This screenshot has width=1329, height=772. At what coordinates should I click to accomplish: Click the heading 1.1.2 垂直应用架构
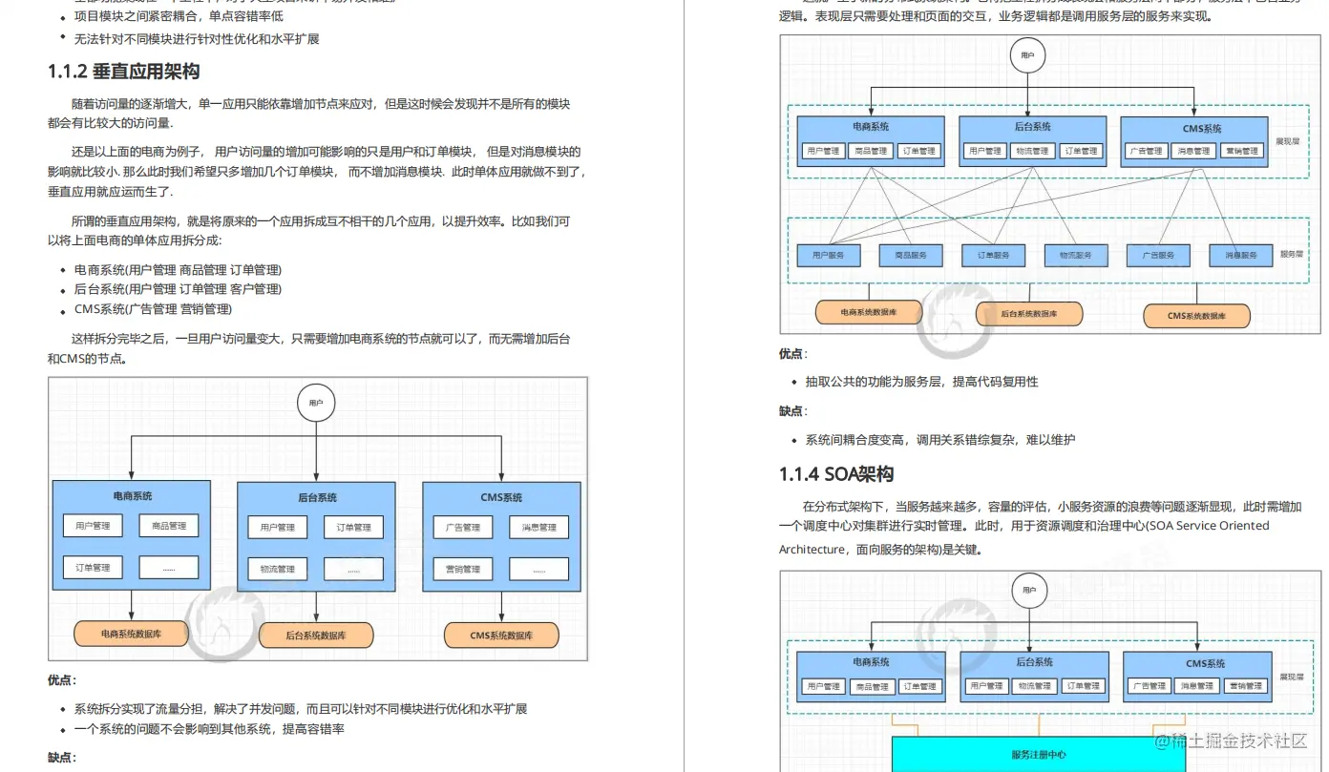coord(124,72)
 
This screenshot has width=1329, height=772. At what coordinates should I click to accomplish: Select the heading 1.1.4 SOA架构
coord(836,474)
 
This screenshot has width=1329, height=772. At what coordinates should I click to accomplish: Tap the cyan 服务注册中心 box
coord(1039,754)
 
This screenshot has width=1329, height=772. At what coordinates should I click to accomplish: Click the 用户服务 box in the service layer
coord(829,255)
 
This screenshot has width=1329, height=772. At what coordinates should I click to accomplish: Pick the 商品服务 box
coord(911,255)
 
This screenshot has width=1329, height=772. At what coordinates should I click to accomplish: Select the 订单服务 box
coord(993,255)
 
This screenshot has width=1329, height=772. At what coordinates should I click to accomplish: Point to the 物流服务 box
coord(1076,255)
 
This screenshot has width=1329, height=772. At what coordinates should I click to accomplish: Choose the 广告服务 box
coord(1158,255)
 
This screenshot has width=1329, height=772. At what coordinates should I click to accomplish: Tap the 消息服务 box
coord(1240,255)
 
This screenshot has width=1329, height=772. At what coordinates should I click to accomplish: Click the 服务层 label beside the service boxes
coord(1291,255)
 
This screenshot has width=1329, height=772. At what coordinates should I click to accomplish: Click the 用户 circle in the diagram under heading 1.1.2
coord(316,404)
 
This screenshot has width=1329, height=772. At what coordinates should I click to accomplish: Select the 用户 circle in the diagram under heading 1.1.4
coord(1028,591)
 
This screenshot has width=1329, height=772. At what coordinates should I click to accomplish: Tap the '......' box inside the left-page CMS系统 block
coord(538,569)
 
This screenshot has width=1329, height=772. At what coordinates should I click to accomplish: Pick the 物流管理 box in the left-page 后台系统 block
coord(278,569)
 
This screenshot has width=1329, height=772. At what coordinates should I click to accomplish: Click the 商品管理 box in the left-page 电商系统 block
coord(169,526)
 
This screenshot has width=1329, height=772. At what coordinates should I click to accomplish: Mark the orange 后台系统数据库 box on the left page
coord(316,635)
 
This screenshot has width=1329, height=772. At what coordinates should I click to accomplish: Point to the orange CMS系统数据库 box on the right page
coord(1196,315)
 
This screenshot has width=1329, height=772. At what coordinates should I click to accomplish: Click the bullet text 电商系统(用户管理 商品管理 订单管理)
coord(178,270)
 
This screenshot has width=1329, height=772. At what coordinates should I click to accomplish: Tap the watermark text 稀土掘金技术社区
coord(1231,741)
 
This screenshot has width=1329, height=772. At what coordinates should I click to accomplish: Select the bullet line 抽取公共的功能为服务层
coord(921,382)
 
